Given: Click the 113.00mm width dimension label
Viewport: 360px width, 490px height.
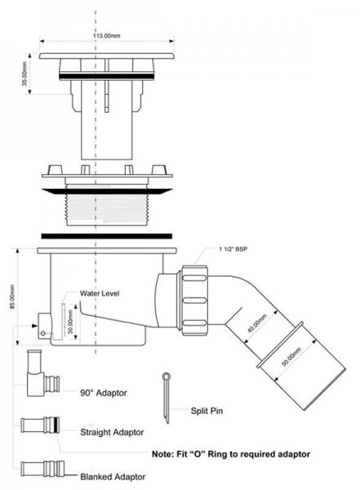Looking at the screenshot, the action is pos(106,36).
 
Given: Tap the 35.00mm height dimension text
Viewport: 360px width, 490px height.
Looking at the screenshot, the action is pos(25,73).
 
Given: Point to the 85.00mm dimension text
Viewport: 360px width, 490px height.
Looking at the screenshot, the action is pos(12,296).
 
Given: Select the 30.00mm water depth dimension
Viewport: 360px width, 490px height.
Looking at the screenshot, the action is pos(71,322).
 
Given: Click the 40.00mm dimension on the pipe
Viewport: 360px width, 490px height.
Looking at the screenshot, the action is pos(257,323).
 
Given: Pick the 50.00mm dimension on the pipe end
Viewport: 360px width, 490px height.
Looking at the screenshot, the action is pos(291,357).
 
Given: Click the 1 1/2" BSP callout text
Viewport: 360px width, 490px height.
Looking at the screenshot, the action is pos(233,249).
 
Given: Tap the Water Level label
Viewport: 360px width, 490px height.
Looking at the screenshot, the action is pos(100,293).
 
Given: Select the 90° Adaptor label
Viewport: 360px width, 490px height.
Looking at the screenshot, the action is pos(104,393).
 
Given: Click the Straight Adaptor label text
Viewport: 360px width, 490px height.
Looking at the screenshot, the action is pos(112,432).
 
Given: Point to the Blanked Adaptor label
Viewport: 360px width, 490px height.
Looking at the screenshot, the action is pos(113,477).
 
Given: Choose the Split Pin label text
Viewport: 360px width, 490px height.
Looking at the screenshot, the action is pos(207,411).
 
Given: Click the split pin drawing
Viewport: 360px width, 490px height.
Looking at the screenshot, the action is pos(167,397).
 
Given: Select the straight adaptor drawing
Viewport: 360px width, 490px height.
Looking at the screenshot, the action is pos(40,425).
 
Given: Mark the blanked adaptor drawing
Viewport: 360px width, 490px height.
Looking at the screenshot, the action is pos(42,469).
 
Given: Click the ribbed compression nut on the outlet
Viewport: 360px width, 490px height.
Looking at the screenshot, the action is pos(193,301).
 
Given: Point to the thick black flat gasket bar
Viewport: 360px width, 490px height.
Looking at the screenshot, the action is pos(107,236).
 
